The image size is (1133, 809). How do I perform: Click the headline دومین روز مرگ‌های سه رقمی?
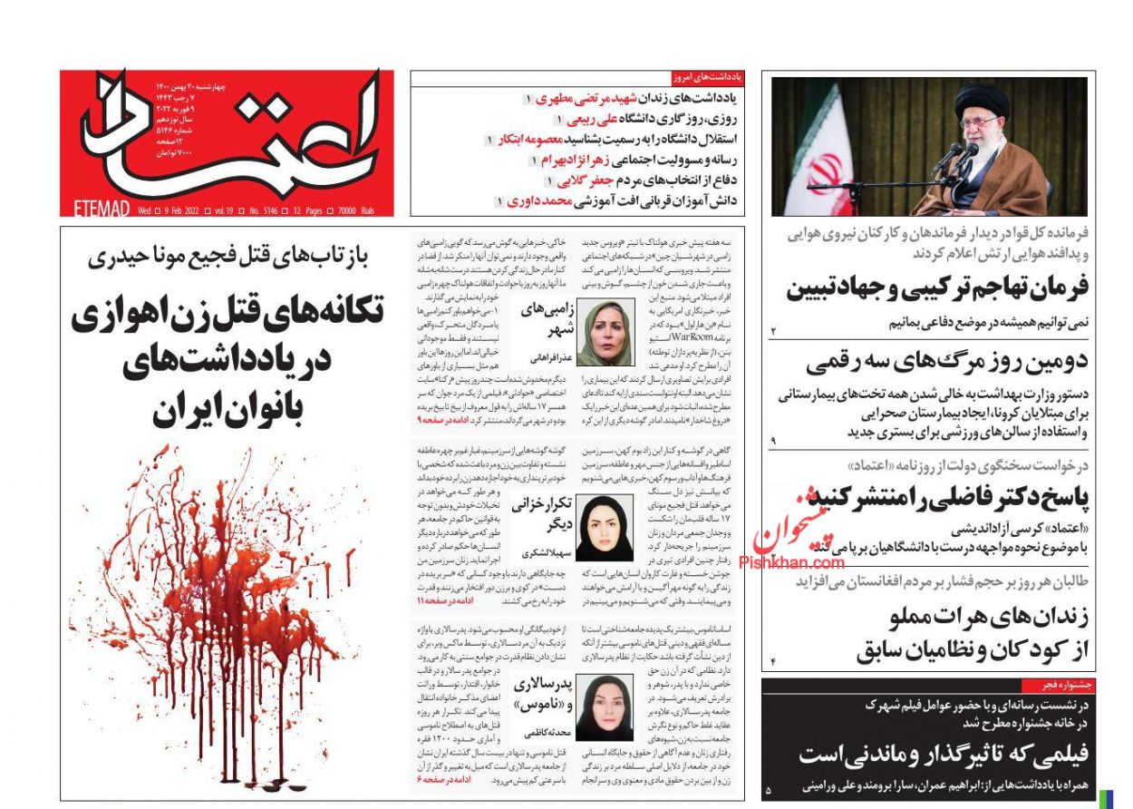tap(946, 362)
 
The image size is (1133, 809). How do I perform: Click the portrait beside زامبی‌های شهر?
tap(606, 333)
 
